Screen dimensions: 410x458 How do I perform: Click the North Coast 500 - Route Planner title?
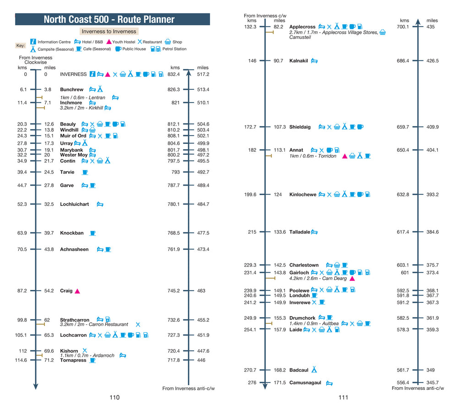click(x=112, y=19)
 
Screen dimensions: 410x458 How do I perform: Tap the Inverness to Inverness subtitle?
click(x=109, y=32)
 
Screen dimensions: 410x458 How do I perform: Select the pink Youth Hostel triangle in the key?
click(x=109, y=42)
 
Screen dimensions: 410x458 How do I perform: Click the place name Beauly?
click(x=68, y=124)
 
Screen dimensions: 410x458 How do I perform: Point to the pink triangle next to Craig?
click(x=77, y=291)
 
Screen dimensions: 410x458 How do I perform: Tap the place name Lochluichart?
click(x=74, y=204)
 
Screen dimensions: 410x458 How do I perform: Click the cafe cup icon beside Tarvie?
click(x=85, y=172)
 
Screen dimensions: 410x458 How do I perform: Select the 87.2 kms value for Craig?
click(x=22, y=291)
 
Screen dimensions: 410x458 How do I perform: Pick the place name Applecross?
click(x=302, y=27)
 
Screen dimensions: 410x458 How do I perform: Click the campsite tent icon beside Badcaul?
click(x=314, y=370)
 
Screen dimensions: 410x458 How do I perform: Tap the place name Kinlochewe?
click(x=303, y=195)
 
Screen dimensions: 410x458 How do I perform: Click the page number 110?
click(x=114, y=398)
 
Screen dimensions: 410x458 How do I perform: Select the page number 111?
click(x=343, y=398)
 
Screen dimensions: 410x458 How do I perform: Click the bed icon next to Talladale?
click(x=315, y=232)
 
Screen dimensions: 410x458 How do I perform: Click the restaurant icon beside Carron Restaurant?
click(x=138, y=324)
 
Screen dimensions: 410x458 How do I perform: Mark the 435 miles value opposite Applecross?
click(x=431, y=27)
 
